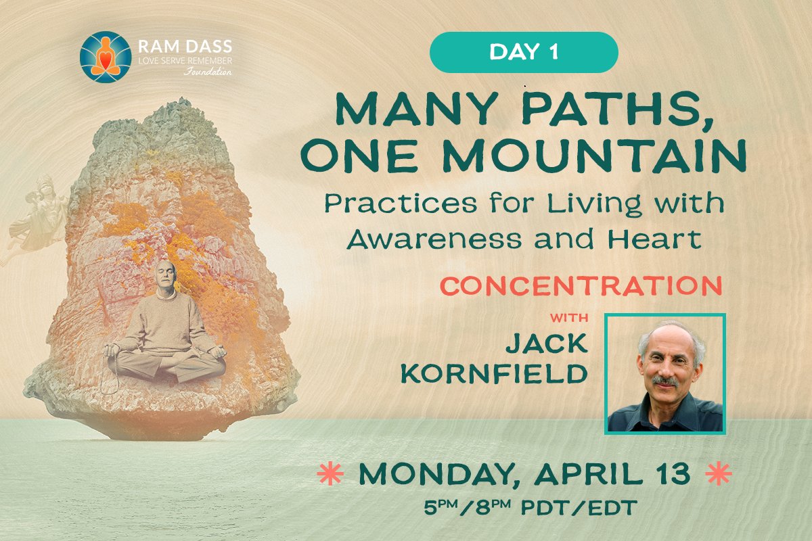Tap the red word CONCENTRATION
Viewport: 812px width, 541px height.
point(581,286)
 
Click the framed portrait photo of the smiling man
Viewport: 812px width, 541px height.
point(664,373)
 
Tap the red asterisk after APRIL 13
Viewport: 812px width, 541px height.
point(719,475)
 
